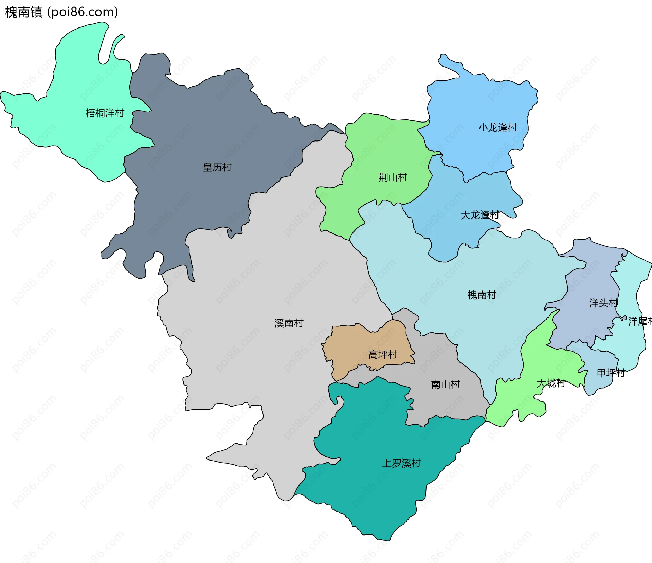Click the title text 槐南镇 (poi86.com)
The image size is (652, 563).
pyautogui.click(x=61, y=12)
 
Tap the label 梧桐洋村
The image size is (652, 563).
pyautogui.click(x=105, y=113)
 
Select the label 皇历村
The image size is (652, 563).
pyautogui.click(x=217, y=167)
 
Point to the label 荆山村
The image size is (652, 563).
pyautogui.click(x=393, y=177)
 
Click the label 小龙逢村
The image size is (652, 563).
pyautogui.click(x=497, y=128)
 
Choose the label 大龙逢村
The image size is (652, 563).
pyautogui.click(x=479, y=215)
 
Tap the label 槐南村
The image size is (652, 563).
pyautogui.click(x=482, y=295)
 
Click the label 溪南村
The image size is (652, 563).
pyautogui.click(x=289, y=323)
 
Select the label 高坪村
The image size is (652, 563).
pyautogui.click(x=383, y=355)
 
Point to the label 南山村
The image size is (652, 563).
pyautogui.click(x=445, y=384)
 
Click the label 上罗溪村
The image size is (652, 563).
pyautogui.click(x=401, y=463)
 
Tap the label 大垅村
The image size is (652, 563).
pyautogui.click(x=550, y=383)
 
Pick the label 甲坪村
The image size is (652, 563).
pyautogui.click(x=611, y=373)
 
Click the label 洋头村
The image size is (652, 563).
pyautogui.click(x=603, y=303)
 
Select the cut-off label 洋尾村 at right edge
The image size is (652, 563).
pyautogui.click(x=640, y=321)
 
